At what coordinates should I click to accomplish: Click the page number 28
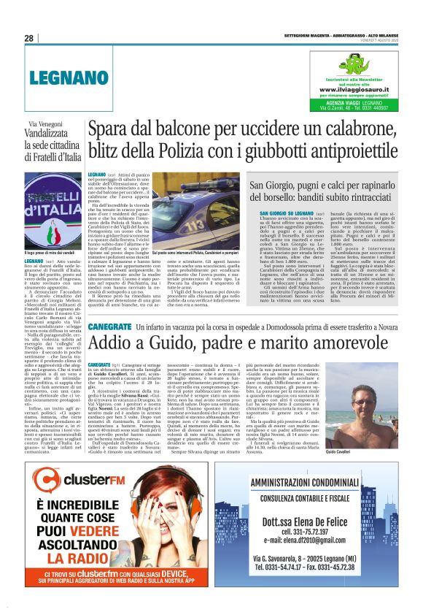[30, 39]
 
